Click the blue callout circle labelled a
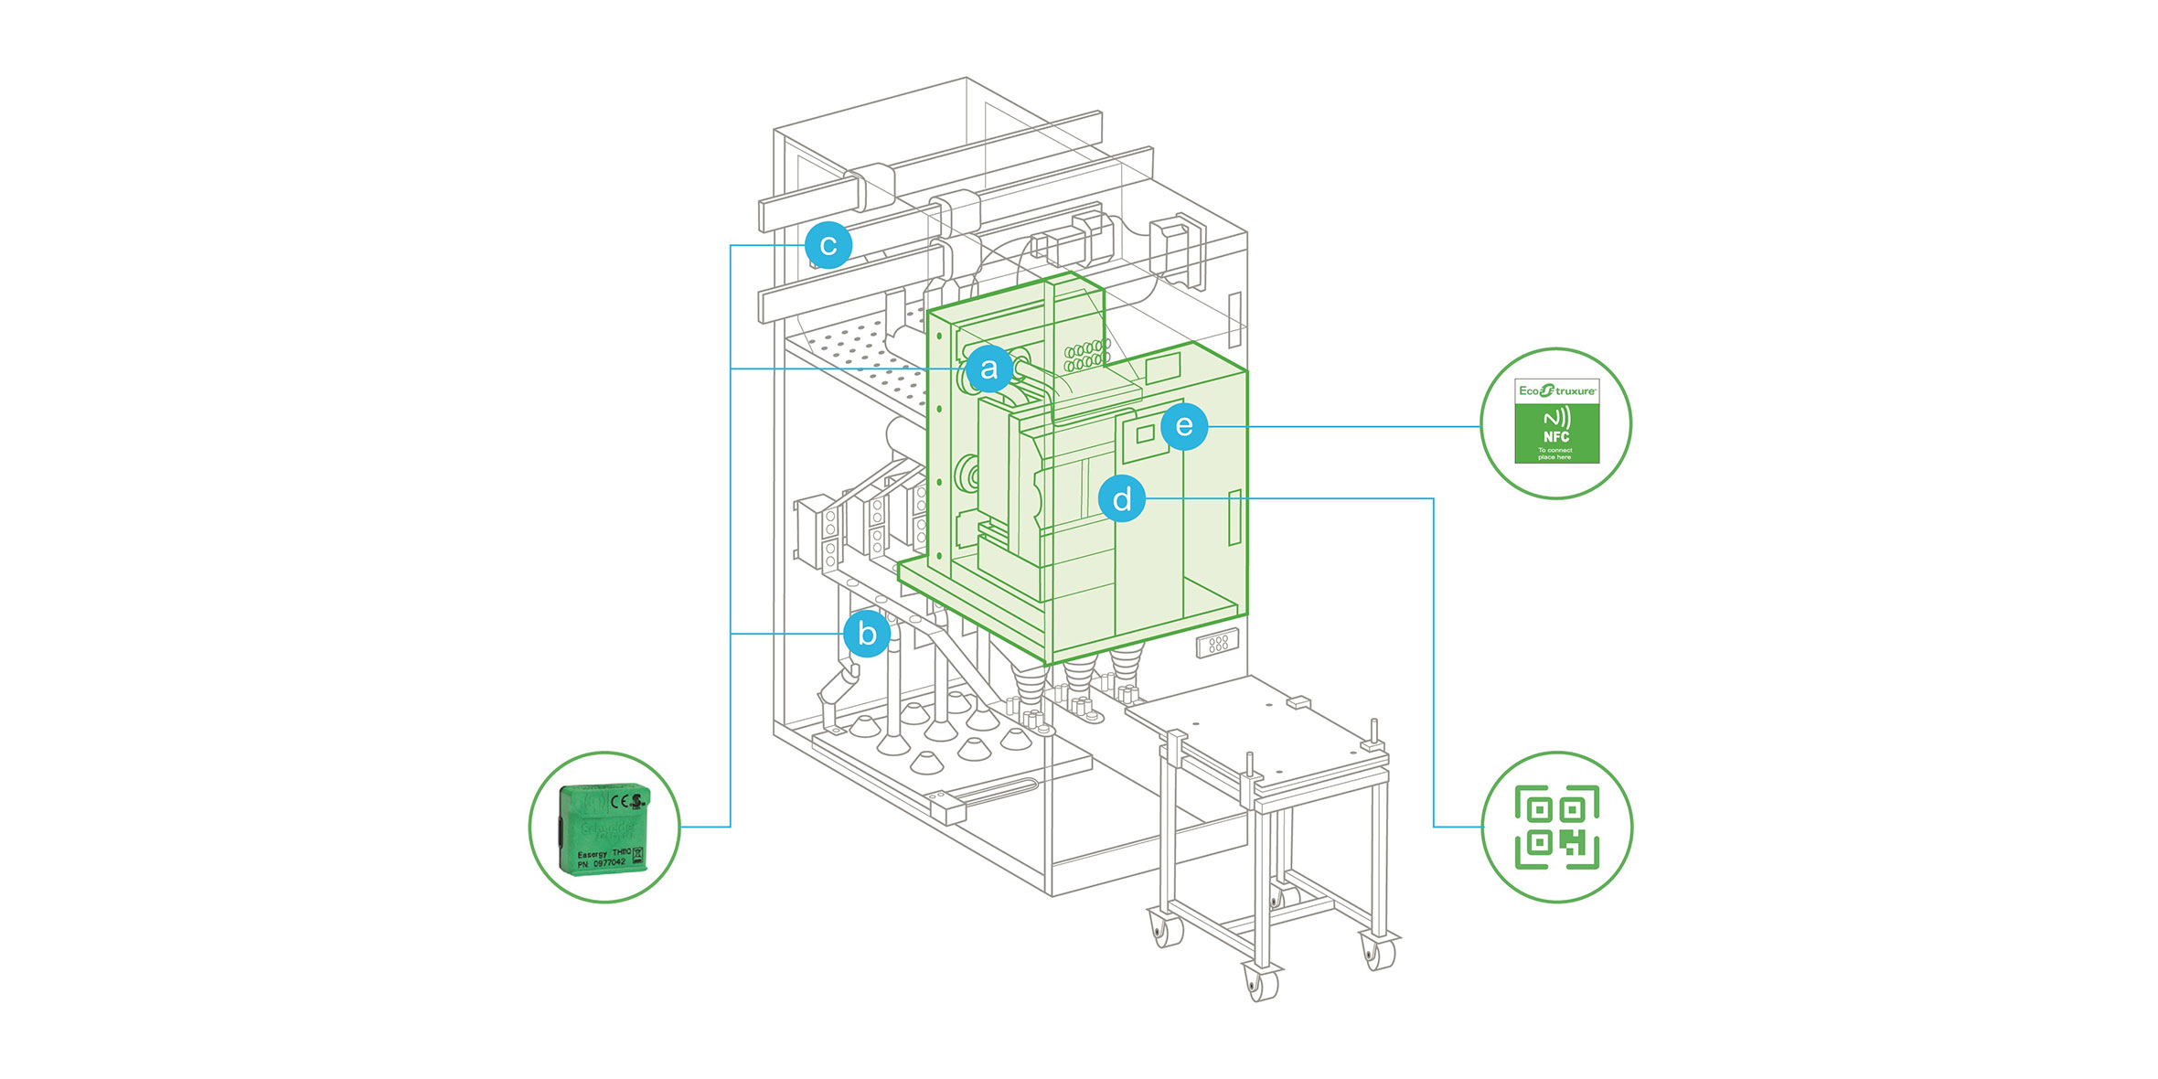(x=988, y=369)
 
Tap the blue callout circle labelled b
(x=867, y=634)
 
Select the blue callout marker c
(x=828, y=245)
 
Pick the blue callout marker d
(x=1122, y=498)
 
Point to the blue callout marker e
(x=1184, y=426)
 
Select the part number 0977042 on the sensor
(x=609, y=862)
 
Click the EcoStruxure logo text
(x=1556, y=390)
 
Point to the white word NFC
(x=1555, y=437)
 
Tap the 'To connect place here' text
(x=1554, y=454)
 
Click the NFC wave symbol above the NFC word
(x=1556, y=419)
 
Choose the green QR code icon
(x=1556, y=827)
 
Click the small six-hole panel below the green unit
(x=1218, y=644)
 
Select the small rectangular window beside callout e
(x=1145, y=433)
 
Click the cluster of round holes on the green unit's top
(x=1086, y=355)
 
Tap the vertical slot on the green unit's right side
(x=1234, y=518)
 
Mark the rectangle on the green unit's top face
(x=1162, y=369)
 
